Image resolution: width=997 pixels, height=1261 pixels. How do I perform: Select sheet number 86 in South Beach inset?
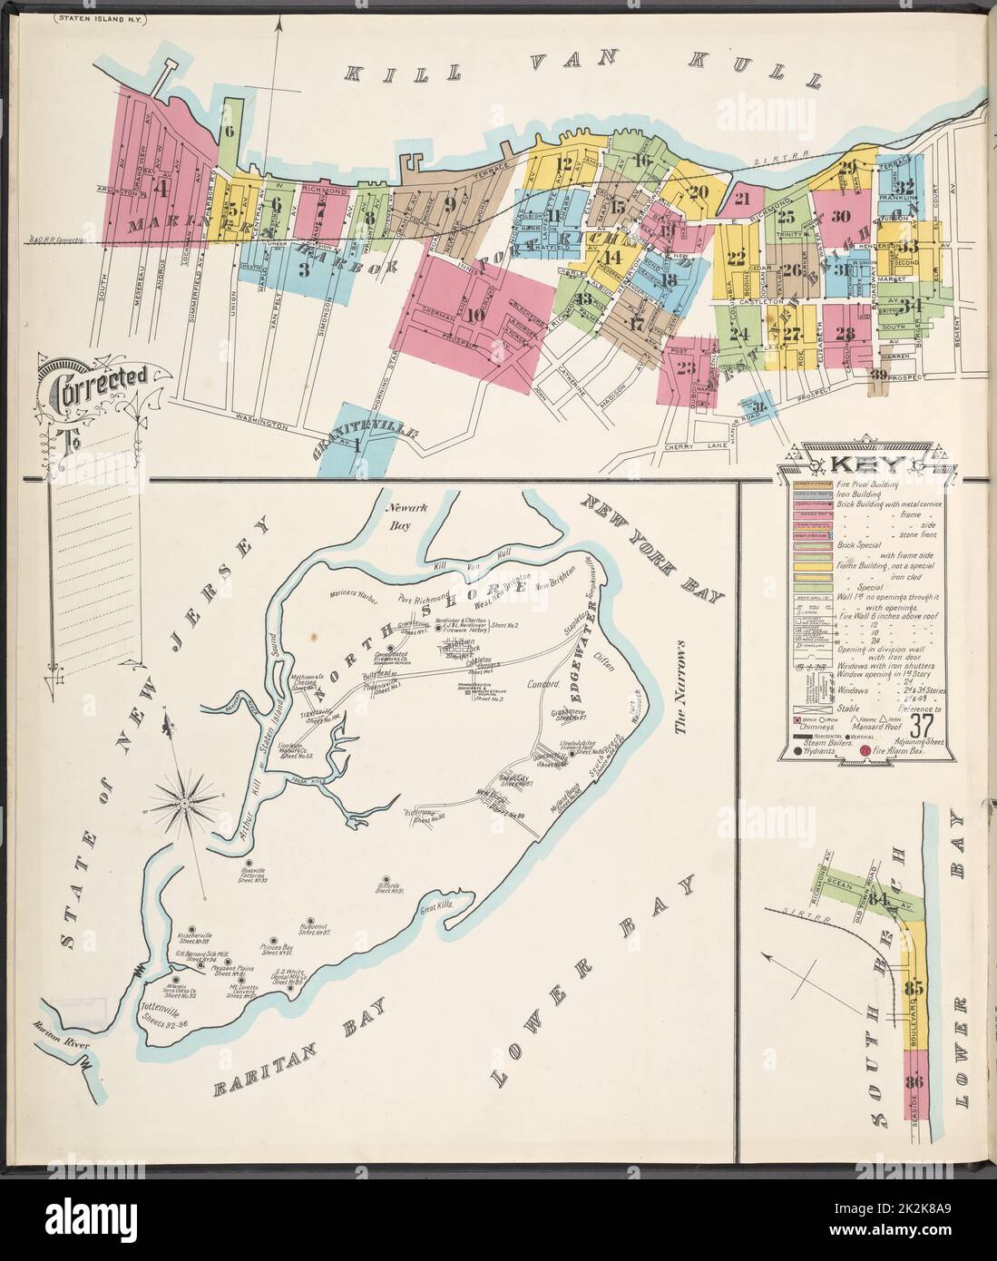click(x=913, y=1080)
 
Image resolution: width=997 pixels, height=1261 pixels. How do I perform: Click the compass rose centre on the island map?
click(x=184, y=802)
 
